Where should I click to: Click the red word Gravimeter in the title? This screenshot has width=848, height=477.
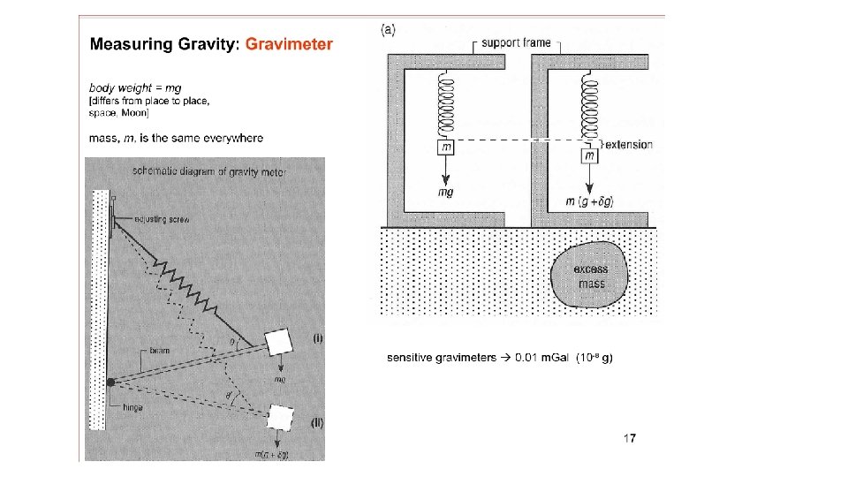tap(289, 43)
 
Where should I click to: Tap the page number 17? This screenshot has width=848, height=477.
tap(629, 438)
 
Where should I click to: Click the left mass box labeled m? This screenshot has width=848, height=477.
tap(446, 147)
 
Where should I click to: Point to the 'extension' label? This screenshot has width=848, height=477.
tap(629, 144)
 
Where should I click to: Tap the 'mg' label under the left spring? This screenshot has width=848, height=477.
tap(446, 193)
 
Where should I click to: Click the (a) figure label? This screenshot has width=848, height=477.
tap(389, 28)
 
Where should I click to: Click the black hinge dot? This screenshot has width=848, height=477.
tap(111, 382)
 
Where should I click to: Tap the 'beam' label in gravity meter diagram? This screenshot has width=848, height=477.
tap(159, 351)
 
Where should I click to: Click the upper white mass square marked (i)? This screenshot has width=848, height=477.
tap(279, 340)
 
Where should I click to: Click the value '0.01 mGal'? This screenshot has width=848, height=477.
tap(540, 358)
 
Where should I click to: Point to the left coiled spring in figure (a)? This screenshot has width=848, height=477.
tap(446, 106)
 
